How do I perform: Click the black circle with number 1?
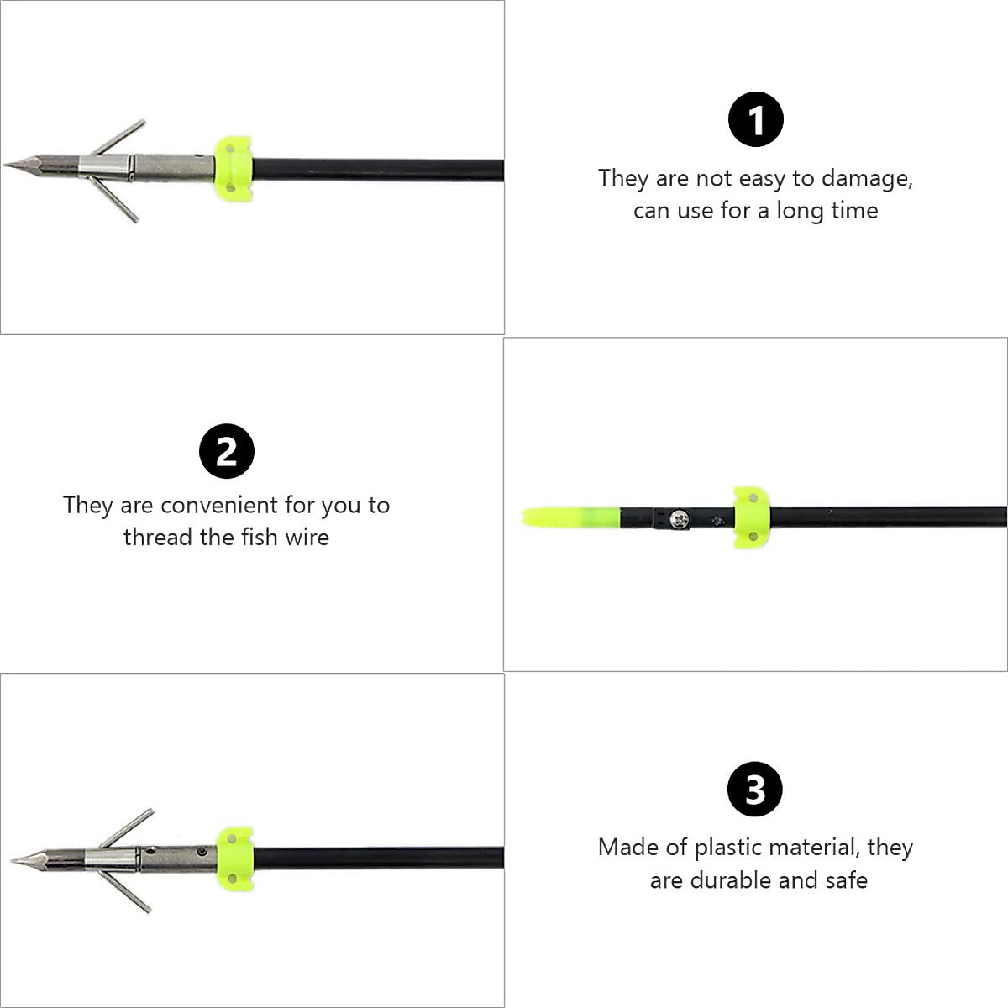[x=755, y=119]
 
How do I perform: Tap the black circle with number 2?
[x=227, y=452]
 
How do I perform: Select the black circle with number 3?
[x=755, y=790]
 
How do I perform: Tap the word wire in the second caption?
[x=307, y=537]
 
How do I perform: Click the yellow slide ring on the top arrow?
[x=233, y=170]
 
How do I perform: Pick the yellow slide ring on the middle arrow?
[x=750, y=517]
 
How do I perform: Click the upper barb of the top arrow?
[x=119, y=137]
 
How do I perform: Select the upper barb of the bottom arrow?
[x=128, y=827]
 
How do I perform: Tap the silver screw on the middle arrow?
[x=677, y=517]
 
